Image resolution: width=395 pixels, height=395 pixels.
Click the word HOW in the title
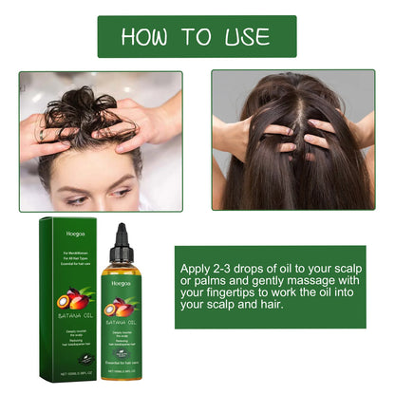(x=147, y=36)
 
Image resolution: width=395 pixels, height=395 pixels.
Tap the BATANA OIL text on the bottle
(x=122, y=324)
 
